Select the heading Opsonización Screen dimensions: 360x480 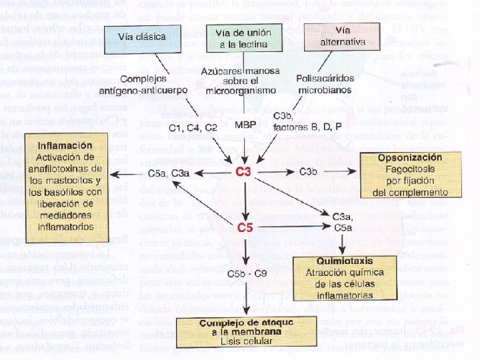coord(409,158)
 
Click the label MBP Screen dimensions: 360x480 coord(245,125)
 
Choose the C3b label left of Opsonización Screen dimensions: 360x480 coord(308,173)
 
